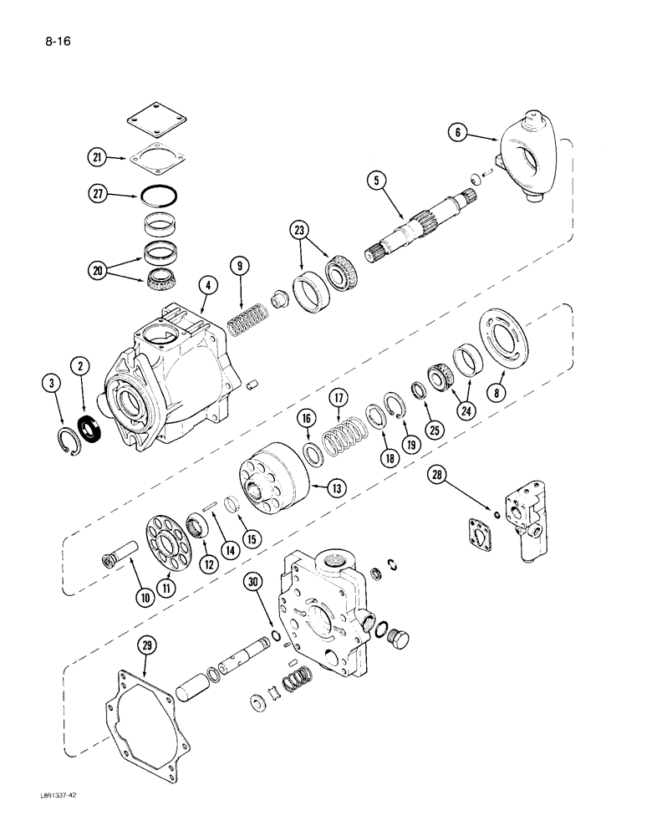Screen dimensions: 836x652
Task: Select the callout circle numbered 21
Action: tap(99, 157)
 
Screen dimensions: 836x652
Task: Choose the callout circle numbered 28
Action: tap(436, 477)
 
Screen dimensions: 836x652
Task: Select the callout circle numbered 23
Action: tap(299, 231)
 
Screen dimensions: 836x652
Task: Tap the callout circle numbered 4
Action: tap(208, 285)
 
